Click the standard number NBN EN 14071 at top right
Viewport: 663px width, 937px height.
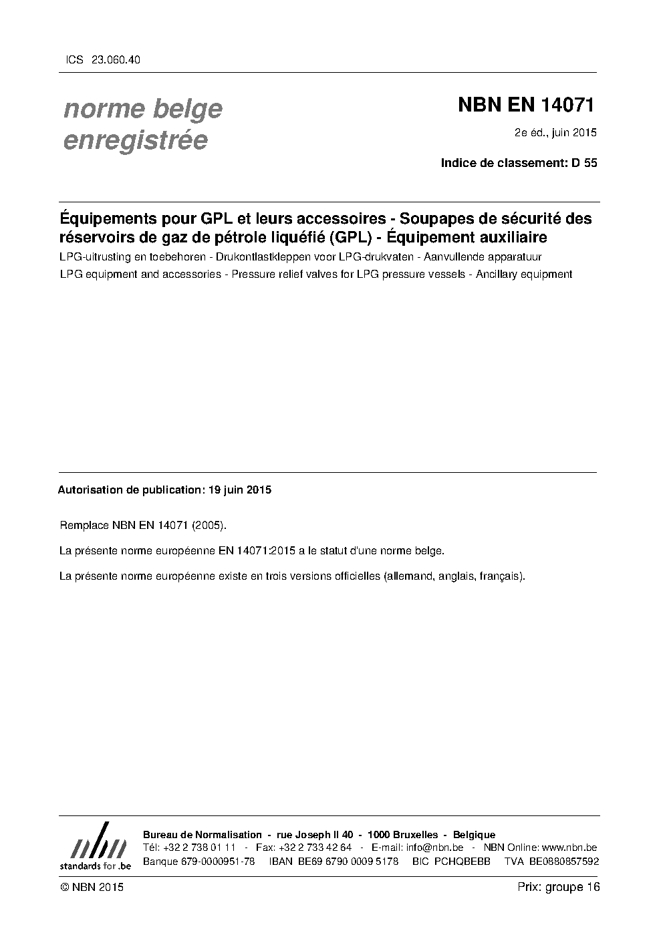[x=526, y=105]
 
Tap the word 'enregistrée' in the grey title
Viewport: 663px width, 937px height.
[x=135, y=141]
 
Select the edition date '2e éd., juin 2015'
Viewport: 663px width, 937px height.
[x=555, y=132]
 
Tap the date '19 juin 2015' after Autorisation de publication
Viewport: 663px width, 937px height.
[x=240, y=490]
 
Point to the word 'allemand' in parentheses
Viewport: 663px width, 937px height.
[x=408, y=576]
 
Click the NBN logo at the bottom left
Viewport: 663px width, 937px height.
[x=95, y=847]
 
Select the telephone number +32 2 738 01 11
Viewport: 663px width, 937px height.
[x=198, y=848]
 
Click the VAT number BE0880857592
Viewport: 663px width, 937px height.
[x=564, y=862]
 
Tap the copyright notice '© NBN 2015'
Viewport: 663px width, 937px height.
[x=92, y=888]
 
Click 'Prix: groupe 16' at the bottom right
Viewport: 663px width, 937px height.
[x=559, y=887]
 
